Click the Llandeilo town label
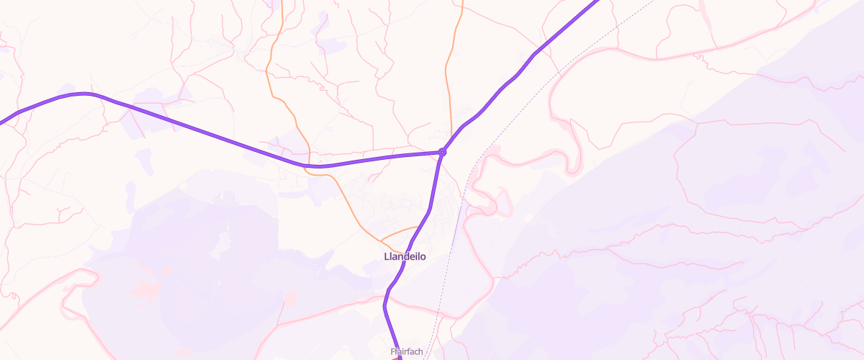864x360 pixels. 405,256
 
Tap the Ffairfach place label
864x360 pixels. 405,352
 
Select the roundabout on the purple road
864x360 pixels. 442,152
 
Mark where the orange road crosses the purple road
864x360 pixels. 310,166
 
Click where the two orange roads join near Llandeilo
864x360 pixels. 379,237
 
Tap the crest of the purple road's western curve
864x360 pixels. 85,94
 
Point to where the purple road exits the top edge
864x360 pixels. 596,1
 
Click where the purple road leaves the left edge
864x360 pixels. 1,122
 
